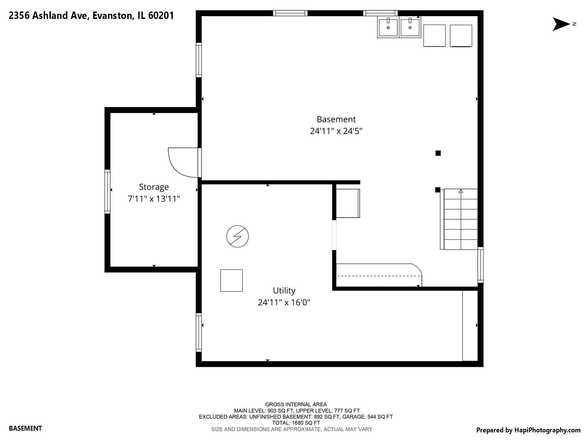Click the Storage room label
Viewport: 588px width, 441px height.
[154, 187]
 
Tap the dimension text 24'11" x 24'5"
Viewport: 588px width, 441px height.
[336, 131]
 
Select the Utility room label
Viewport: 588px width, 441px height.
[284, 291]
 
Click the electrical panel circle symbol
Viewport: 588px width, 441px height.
[237, 236]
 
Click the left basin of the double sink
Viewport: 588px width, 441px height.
[388, 28]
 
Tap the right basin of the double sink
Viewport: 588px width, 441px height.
[410, 28]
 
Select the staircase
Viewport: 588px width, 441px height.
[461, 219]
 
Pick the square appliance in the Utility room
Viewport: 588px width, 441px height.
[231, 281]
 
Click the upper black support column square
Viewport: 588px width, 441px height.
[438, 153]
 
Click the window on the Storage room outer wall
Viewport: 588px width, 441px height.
[107, 191]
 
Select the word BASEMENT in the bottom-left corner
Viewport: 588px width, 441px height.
[26, 428]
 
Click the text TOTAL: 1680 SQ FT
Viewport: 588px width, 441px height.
[296, 423]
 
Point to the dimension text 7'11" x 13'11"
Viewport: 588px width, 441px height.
[154, 199]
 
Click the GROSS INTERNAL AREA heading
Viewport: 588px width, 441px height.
[296, 405]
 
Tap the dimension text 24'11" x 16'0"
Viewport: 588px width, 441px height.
[284, 303]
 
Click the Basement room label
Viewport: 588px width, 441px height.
[336, 119]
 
